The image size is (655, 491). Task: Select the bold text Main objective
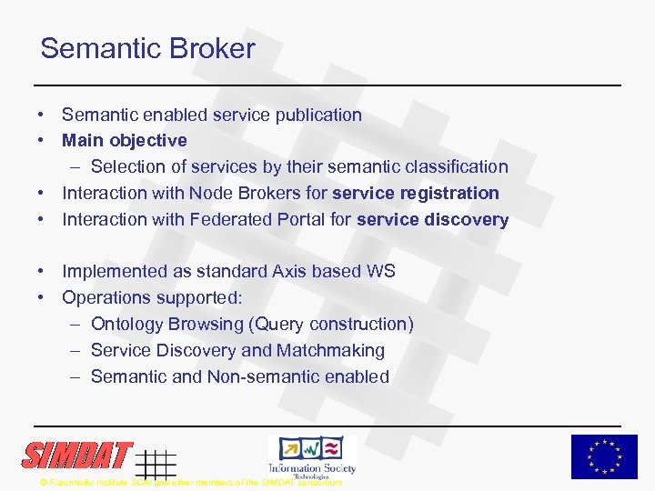(125, 140)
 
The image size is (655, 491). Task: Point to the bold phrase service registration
(416, 193)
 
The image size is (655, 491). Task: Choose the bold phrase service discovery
(432, 219)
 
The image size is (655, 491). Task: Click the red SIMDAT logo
(78, 455)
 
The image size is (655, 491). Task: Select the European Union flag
(604, 456)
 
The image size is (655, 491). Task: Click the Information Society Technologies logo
(312, 455)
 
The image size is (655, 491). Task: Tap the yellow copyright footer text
(191, 482)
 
